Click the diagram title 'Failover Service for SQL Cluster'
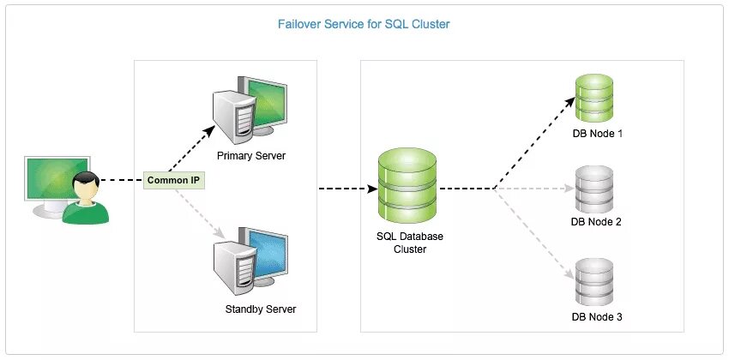[x=364, y=24]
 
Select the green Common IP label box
[x=175, y=181]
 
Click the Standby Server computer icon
[x=251, y=259]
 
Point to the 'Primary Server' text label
[x=251, y=156]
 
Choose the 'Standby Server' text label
[x=261, y=309]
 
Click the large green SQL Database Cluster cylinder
[x=407, y=183]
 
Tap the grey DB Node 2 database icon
[x=595, y=189]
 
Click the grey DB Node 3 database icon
[x=595, y=282]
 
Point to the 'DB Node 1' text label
[x=597, y=134]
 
